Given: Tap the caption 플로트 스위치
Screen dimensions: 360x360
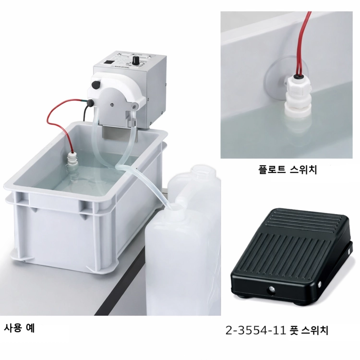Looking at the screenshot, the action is (x=287, y=170).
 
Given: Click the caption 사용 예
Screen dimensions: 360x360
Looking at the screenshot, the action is (x=19, y=328).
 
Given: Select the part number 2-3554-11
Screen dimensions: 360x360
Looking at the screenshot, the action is (x=255, y=331).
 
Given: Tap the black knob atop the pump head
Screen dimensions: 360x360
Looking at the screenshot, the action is (x=95, y=84).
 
